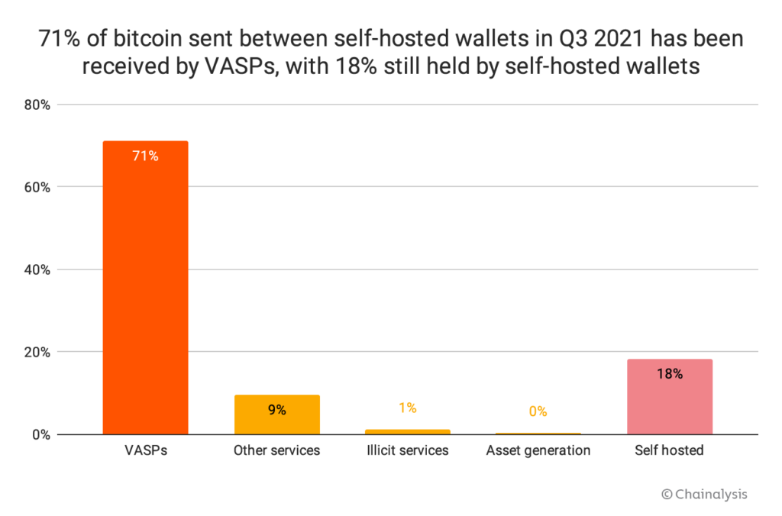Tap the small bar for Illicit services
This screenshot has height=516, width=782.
point(408,431)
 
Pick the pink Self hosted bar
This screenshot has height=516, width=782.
point(669,397)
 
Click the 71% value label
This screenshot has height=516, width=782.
point(145,156)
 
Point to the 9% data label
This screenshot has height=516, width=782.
point(276,410)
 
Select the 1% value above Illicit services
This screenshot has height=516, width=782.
point(408,408)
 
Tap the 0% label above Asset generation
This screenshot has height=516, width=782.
point(538,411)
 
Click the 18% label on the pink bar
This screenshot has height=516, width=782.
point(669,374)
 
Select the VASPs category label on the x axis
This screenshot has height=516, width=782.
point(145,450)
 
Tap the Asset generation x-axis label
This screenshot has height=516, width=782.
point(538,450)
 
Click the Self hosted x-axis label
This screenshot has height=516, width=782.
point(669,450)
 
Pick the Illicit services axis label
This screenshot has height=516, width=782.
point(408,450)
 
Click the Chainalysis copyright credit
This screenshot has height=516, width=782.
point(704,494)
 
